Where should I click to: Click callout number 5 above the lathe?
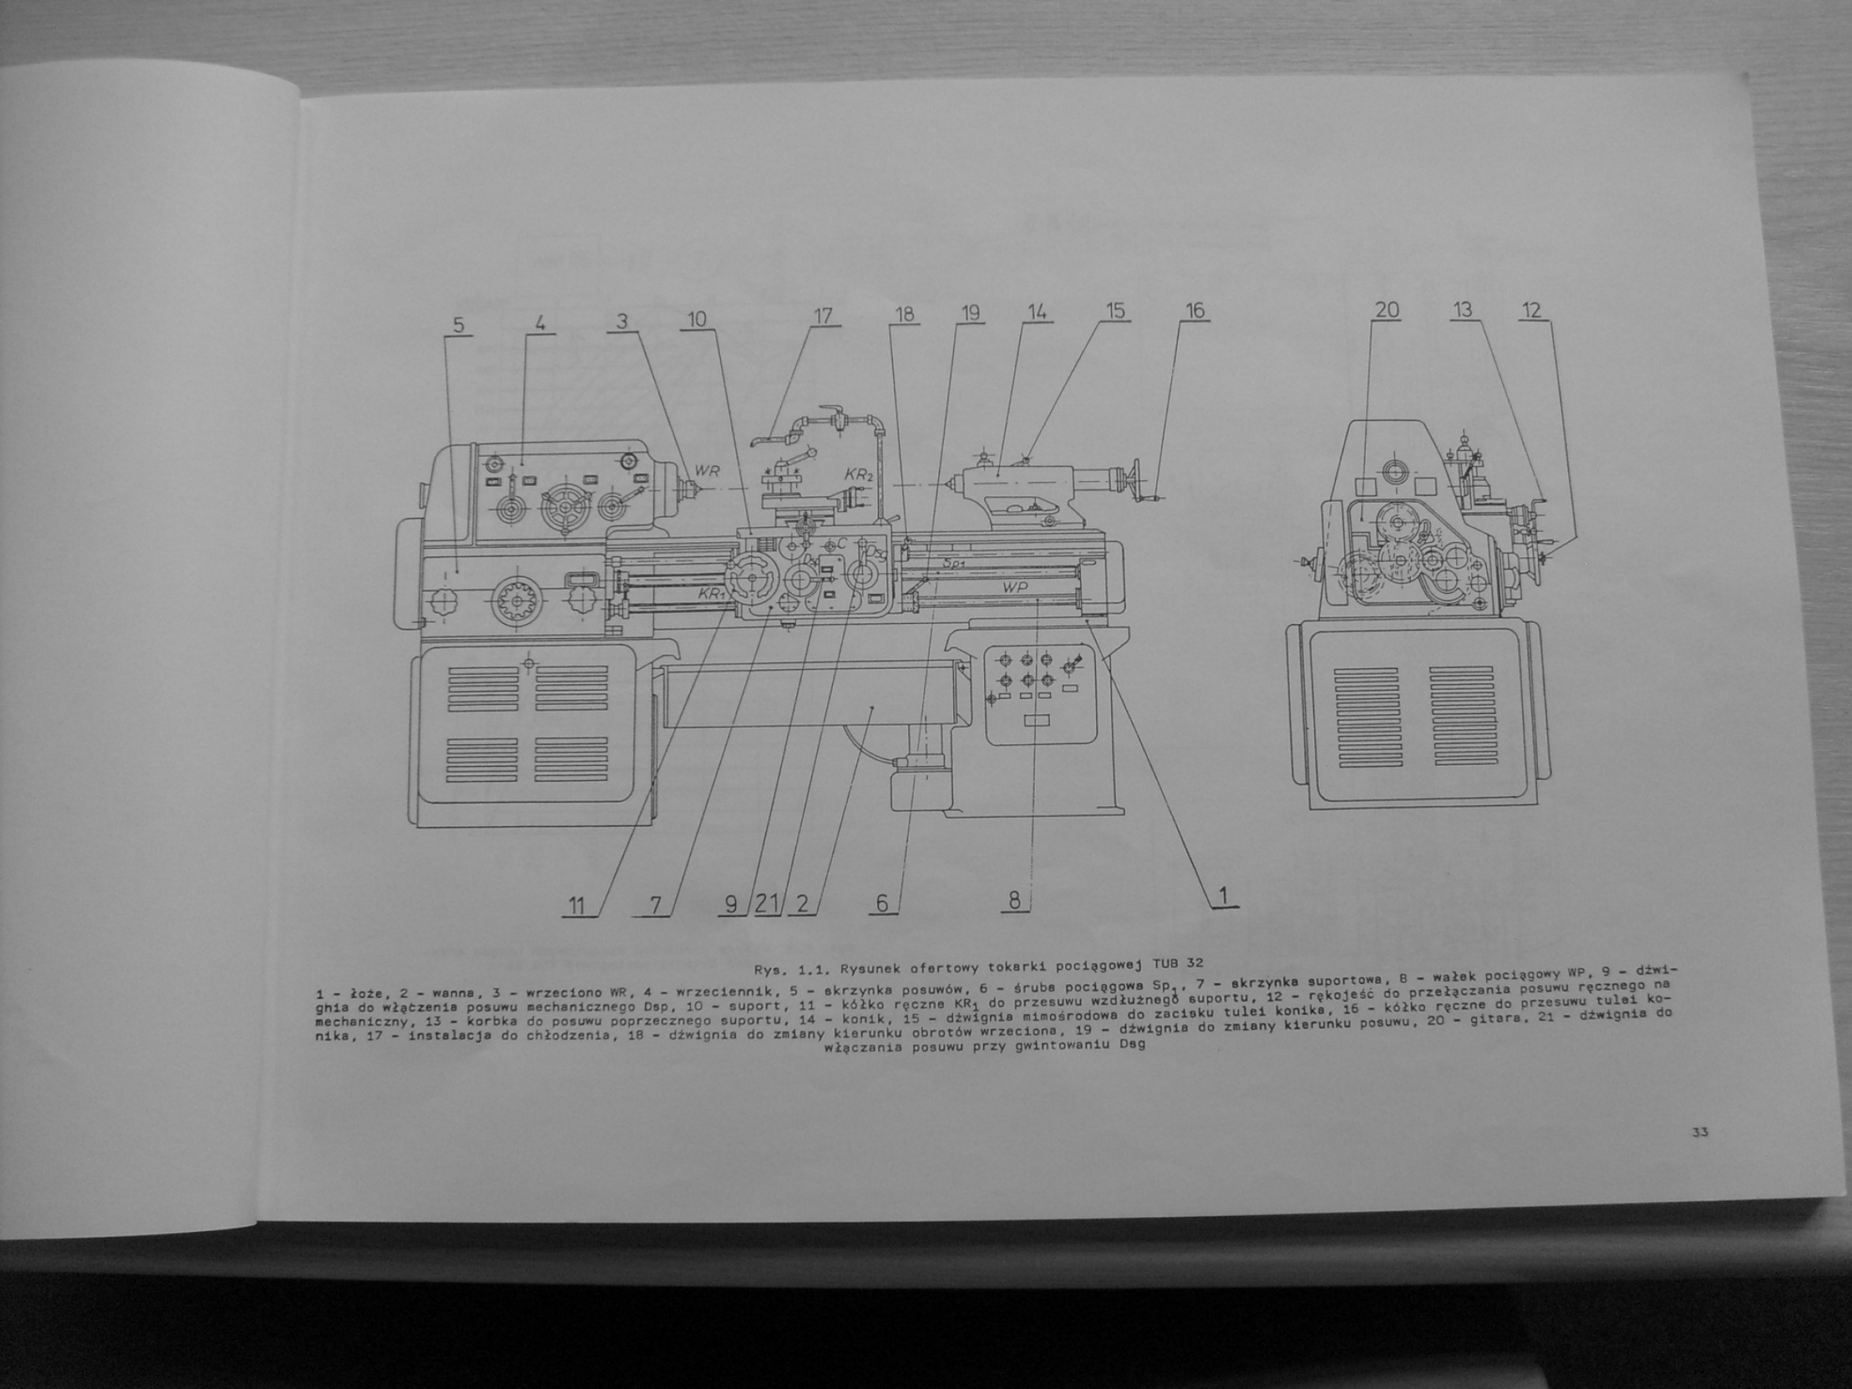coord(458,325)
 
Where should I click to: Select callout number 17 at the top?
coord(823,316)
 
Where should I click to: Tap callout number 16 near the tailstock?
coord(1194,311)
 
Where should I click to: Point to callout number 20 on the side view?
coord(1387,311)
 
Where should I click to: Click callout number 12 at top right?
coord(1530,311)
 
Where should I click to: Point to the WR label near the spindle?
coord(707,471)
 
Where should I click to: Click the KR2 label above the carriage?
coord(859,474)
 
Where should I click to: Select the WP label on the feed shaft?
coord(1015,588)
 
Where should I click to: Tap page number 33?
coord(1700,1133)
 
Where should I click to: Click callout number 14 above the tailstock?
coord(1037,312)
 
